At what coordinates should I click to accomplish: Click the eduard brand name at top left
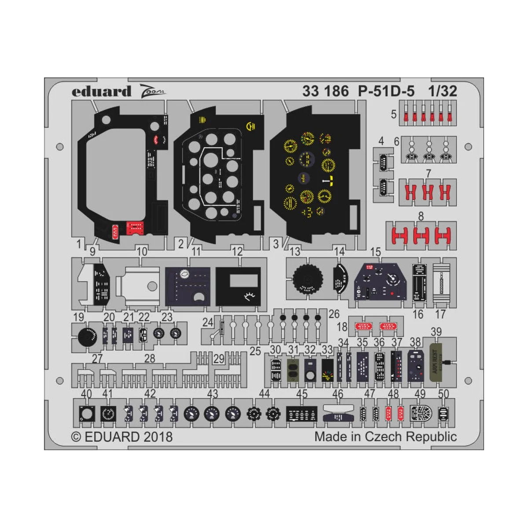click(x=101, y=92)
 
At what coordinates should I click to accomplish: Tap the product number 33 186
click(x=325, y=91)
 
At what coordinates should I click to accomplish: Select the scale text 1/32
click(x=442, y=91)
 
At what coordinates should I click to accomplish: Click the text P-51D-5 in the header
click(x=386, y=91)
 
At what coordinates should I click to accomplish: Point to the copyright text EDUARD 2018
click(x=122, y=437)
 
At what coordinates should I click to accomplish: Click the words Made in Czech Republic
click(x=385, y=437)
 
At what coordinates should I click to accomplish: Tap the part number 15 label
click(x=375, y=252)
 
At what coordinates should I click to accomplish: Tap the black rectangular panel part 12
click(x=238, y=286)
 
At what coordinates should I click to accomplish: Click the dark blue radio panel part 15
click(x=381, y=282)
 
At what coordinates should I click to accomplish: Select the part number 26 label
click(x=334, y=314)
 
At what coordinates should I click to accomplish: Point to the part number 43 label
click(x=213, y=394)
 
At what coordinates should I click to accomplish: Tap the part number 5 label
click(x=394, y=114)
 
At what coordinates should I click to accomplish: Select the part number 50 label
click(x=444, y=394)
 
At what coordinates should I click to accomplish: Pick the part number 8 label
click(x=421, y=216)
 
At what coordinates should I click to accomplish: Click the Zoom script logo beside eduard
click(x=152, y=92)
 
